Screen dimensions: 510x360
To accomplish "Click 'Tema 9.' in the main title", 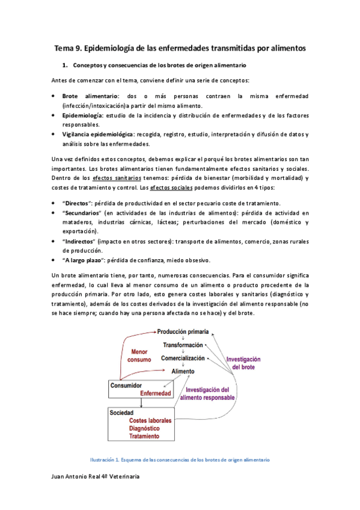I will click(x=68, y=47).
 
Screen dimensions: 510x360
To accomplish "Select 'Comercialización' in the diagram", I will click(x=183, y=358).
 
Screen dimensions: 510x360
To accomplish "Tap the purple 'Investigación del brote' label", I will click(x=244, y=363).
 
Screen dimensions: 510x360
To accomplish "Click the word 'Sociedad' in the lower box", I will click(x=121, y=413).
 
